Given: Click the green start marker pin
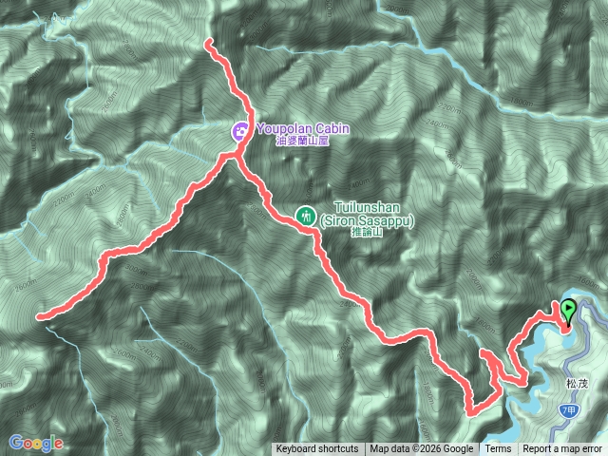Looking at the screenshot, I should pyautogui.click(x=568, y=309).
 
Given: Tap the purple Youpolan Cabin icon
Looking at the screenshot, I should pyautogui.click(x=241, y=130).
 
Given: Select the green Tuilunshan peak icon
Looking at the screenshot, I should pyautogui.click(x=306, y=215).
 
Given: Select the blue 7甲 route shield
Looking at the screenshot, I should pyautogui.click(x=567, y=408).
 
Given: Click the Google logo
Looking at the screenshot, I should pyautogui.click(x=35, y=443).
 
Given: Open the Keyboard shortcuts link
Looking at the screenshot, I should pyautogui.click(x=317, y=449).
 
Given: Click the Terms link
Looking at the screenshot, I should pyautogui.click(x=498, y=449).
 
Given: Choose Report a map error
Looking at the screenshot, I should pyautogui.click(x=562, y=449).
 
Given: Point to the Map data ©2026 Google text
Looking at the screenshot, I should pyautogui.click(x=422, y=449).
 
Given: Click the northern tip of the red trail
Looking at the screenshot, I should pyautogui.click(x=208, y=41).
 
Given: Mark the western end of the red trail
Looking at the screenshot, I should pyautogui.click(x=39, y=316).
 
